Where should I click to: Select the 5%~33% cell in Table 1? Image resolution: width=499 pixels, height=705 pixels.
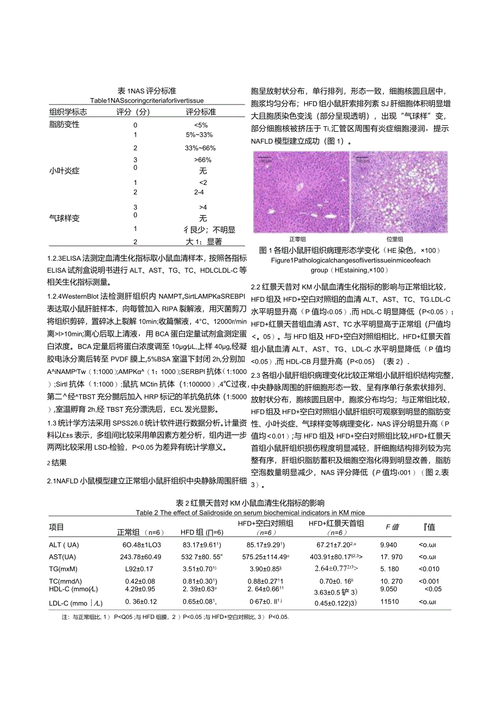pos(199,134)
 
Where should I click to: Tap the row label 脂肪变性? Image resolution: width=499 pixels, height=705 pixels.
pos(65,124)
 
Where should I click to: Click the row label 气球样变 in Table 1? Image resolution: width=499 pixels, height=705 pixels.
pos(65,218)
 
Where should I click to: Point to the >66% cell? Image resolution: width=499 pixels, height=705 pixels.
pos(201,160)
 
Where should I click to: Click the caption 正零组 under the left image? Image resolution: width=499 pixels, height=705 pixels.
pos(298,238)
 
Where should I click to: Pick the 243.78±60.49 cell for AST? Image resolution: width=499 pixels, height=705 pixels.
pos(140,557)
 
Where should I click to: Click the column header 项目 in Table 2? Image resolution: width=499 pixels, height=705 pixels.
pos(56,527)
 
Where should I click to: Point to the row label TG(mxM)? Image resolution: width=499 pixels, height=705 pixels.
pos(63,568)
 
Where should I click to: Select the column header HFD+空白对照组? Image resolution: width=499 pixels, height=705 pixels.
pos(265,523)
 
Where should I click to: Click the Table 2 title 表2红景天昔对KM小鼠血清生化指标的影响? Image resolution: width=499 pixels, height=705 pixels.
pos(250,503)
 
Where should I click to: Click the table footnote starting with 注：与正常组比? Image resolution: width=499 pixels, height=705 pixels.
pos(176,617)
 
